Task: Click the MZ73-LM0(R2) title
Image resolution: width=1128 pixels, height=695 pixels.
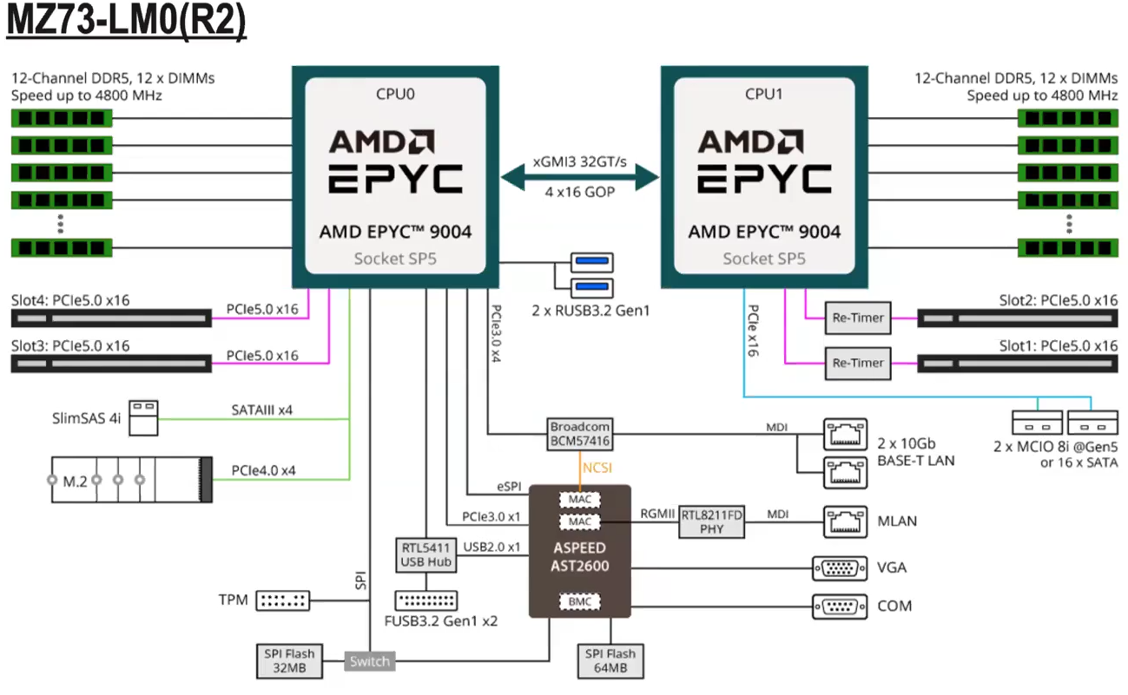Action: click(x=127, y=22)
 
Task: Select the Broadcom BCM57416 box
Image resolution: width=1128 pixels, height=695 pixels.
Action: click(x=580, y=434)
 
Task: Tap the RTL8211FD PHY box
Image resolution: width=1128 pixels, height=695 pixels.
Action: click(x=712, y=521)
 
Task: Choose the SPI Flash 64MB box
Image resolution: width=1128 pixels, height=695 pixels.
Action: click(x=610, y=661)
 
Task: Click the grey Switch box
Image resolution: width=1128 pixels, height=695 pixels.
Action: click(x=370, y=662)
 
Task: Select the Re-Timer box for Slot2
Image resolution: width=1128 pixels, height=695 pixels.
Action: click(x=857, y=318)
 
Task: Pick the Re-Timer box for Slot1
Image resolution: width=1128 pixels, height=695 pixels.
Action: click(x=857, y=363)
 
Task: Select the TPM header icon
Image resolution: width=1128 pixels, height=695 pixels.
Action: click(x=283, y=600)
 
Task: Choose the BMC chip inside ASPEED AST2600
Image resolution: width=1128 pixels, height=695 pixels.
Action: click(x=579, y=600)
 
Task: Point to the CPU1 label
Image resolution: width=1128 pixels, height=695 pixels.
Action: click(x=764, y=93)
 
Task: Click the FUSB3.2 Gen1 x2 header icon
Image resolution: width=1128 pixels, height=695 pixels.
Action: click(x=426, y=600)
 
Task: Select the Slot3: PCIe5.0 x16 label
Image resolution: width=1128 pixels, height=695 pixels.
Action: click(x=70, y=345)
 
